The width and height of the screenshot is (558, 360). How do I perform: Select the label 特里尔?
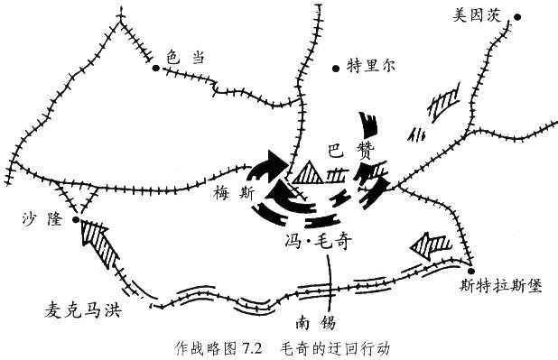coord(367,65)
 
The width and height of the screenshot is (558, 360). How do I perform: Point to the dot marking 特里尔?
coord(335,66)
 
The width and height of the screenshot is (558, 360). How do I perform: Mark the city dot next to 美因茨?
coord(517,15)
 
